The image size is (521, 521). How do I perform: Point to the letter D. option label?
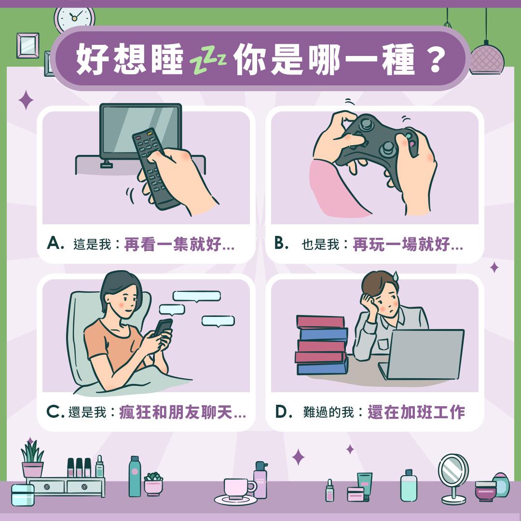[284, 411]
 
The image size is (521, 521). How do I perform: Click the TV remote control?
[153, 168]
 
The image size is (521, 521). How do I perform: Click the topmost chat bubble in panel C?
[197, 296]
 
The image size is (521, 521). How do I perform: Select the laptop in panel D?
[422, 354]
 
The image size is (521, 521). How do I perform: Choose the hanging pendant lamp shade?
[486, 60]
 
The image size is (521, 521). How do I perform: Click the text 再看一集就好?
[173, 245]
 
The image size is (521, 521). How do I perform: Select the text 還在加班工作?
[416, 412]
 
